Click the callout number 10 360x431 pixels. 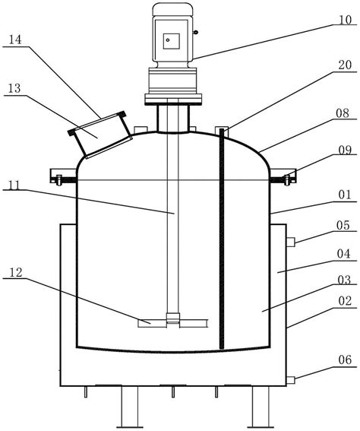(x=345, y=21)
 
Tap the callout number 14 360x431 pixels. (x=15, y=40)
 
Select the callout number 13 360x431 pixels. (x=14, y=88)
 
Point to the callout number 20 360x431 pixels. (x=345, y=65)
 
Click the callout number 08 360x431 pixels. (x=343, y=113)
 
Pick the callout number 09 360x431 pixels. (x=345, y=151)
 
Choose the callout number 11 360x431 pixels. (x=13, y=185)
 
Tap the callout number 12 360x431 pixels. (x=16, y=273)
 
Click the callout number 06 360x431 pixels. (x=345, y=360)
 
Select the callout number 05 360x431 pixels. (x=343, y=226)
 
